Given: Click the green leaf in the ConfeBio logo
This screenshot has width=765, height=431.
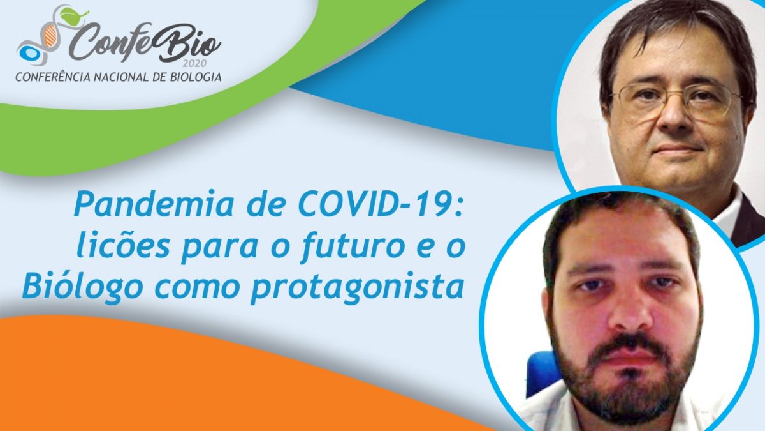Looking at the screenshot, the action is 73,14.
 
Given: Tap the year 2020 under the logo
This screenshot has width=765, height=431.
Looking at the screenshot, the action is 194,64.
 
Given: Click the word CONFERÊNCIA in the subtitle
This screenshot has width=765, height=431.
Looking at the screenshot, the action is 53,77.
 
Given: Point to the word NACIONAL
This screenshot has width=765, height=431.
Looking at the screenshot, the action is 120,77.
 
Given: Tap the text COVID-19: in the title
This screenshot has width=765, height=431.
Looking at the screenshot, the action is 380,204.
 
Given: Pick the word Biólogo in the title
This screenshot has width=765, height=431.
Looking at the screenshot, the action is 83,287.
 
